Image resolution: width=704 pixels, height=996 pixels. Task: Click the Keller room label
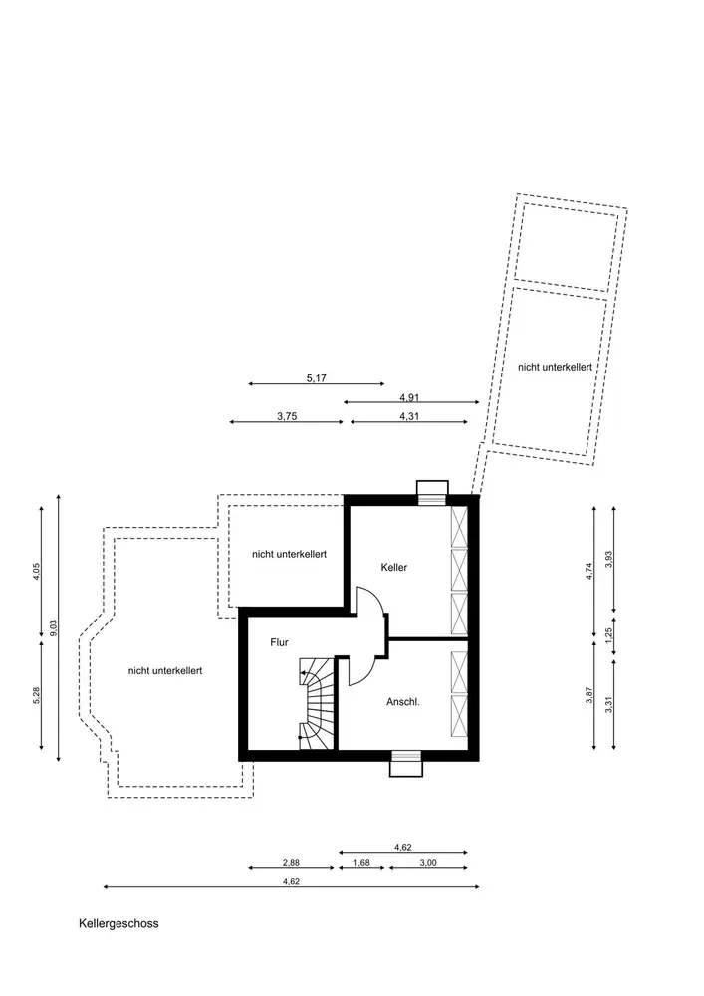pos(394,567)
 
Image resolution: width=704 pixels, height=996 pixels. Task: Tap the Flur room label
pos(280,642)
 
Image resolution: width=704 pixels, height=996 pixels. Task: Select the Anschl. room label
pos(402,701)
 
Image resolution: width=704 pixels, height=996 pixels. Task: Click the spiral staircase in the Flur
pos(316,701)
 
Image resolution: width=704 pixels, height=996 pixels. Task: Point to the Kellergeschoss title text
pos(118,923)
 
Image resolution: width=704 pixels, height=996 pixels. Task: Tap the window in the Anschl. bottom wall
pos(405,762)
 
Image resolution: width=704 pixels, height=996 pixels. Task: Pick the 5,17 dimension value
pos(317,378)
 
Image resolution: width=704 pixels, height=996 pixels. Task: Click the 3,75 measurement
pos(287,417)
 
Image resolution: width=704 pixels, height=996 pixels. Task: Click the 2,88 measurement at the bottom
pos(291,863)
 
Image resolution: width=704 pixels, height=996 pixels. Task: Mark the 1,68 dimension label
pos(361,863)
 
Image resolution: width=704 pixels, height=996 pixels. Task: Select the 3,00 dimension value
pos(427,863)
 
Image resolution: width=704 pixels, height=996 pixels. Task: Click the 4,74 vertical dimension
pos(589,571)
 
